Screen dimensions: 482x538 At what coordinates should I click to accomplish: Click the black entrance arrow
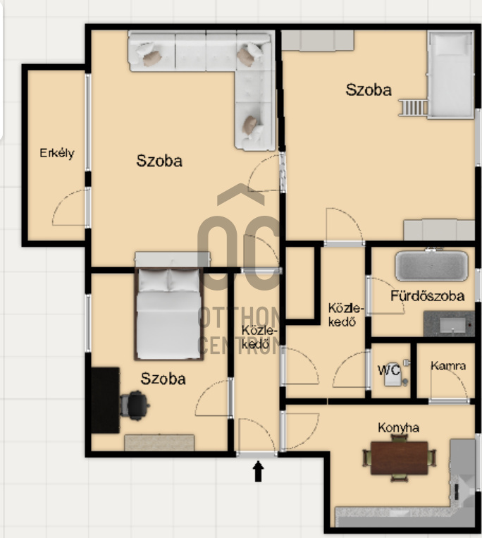tap(258, 472)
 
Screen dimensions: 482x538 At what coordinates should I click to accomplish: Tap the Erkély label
tap(57, 153)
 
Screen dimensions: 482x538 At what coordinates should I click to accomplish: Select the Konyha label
tap(398, 428)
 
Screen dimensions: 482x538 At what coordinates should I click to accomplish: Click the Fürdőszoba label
tap(428, 295)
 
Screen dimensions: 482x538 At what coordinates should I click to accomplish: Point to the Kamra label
tap(448, 366)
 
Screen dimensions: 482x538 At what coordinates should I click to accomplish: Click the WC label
tap(389, 370)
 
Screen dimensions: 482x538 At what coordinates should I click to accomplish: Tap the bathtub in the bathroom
tap(431, 266)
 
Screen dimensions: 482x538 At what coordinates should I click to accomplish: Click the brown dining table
tap(400, 458)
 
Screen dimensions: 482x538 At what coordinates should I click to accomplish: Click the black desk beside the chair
tap(105, 400)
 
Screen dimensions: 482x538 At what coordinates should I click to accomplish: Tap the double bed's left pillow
tap(153, 281)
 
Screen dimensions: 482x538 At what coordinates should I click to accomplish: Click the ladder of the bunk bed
tap(414, 107)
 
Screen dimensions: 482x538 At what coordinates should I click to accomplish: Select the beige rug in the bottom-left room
tap(159, 443)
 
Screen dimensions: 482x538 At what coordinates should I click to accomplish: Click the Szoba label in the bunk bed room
tap(368, 90)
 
